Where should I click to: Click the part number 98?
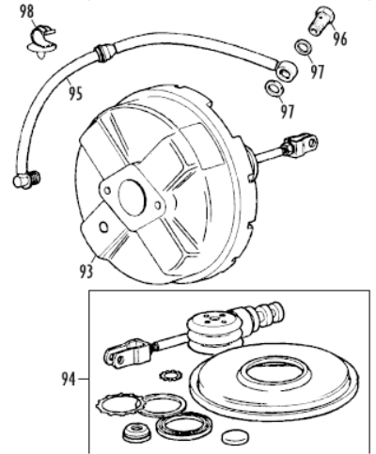click(26, 12)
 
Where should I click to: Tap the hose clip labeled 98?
click(42, 42)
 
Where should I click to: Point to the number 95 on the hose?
click(76, 93)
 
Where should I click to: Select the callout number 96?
click(340, 39)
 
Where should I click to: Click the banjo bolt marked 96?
click(321, 21)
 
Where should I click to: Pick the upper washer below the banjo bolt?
click(304, 47)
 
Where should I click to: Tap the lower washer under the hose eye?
click(274, 88)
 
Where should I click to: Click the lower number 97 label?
click(288, 111)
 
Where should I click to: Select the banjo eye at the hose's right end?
click(286, 71)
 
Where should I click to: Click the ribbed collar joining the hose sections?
click(104, 53)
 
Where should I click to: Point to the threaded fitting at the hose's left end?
click(27, 180)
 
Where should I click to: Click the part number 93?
click(86, 271)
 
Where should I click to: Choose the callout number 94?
click(69, 379)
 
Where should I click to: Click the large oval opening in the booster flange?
click(133, 197)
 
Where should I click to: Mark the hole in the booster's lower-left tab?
click(103, 227)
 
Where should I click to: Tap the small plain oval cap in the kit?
click(235, 436)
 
